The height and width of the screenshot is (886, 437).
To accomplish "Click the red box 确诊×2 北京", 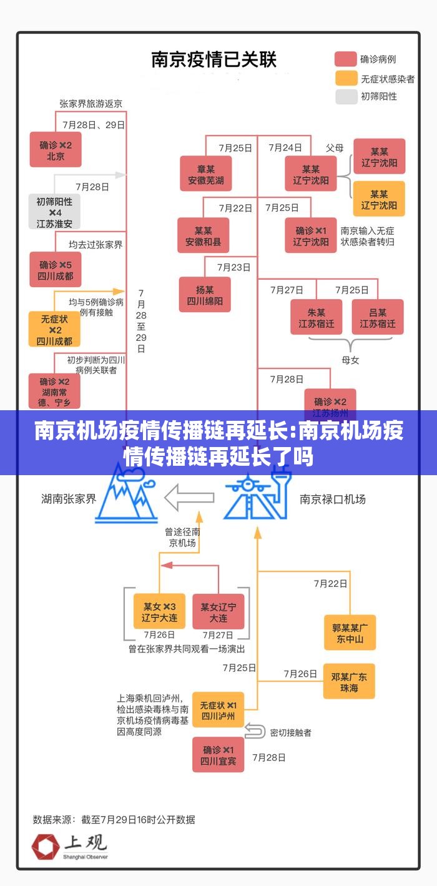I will click(56, 150).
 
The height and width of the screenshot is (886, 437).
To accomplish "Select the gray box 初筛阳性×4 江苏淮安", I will click(54, 212).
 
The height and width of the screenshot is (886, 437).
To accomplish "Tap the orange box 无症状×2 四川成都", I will click(54, 329).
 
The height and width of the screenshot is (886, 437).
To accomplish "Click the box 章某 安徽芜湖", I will click(206, 174).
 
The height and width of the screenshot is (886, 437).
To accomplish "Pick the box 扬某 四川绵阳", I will click(205, 295).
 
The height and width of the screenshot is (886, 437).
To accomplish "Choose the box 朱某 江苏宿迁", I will click(316, 317).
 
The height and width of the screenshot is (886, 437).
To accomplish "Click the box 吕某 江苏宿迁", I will click(378, 317).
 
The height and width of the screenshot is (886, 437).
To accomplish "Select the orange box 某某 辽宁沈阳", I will click(379, 199).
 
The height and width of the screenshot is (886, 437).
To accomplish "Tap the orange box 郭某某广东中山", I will click(350, 633).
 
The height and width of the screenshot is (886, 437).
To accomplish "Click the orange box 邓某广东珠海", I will click(349, 681).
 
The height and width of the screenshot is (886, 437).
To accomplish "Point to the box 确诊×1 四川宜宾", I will click(218, 754).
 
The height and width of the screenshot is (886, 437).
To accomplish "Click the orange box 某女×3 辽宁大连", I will click(159, 611).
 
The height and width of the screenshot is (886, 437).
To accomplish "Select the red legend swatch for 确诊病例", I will click(345, 59).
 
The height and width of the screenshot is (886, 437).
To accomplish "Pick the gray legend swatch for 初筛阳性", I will click(345, 96).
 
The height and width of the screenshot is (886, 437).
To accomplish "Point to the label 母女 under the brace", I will click(350, 360).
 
